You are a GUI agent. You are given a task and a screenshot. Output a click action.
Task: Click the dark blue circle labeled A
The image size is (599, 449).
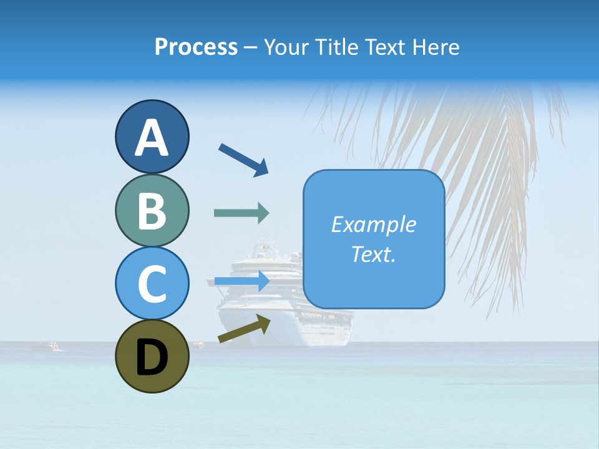pos(152,137)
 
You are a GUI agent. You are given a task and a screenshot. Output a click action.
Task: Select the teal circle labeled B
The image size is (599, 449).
pos(152,211)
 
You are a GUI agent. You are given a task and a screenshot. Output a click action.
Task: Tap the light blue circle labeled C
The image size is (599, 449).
pos(152,283)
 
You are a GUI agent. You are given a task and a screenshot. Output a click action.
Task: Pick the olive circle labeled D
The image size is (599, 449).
pos(152,356)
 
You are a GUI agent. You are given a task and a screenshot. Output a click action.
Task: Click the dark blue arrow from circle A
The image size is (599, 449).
pos(243,158)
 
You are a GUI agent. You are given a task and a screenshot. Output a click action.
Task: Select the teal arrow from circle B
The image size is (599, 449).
pos(241,213)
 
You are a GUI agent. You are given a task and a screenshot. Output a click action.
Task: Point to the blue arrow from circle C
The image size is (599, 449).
pos(241,282)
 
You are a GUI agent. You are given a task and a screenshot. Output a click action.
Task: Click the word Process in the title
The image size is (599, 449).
pos(196,47)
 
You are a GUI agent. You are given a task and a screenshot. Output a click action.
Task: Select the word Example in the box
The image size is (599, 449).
pos(373,224)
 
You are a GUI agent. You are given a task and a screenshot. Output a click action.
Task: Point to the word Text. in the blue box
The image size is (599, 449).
pos(373,254)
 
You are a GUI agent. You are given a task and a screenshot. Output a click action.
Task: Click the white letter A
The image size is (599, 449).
pos(152,138)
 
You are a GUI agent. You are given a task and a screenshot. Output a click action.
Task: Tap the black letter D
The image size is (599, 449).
pos(152,357)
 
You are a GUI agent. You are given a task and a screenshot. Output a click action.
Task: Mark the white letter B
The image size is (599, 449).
pos(152,211)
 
